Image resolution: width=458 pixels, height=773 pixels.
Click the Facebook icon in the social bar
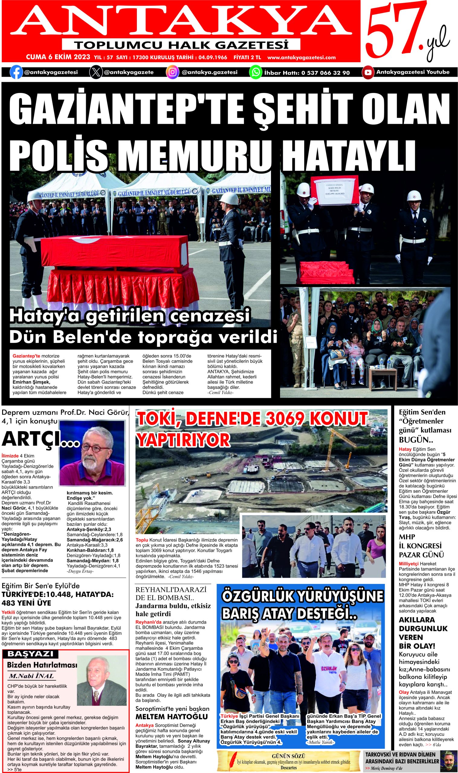(16, 72)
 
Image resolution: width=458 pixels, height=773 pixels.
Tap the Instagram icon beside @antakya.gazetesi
(172, 72)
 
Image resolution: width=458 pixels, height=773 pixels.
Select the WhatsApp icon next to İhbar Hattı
(255, 72)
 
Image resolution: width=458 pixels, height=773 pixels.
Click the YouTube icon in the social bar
(368, 72)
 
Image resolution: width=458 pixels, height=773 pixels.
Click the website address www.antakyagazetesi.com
(301, 57)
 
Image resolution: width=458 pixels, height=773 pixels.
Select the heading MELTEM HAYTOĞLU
(172, 717)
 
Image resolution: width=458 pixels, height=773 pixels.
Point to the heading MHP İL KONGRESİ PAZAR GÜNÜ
(421, 546)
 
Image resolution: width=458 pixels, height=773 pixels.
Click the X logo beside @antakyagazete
(96, 72)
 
